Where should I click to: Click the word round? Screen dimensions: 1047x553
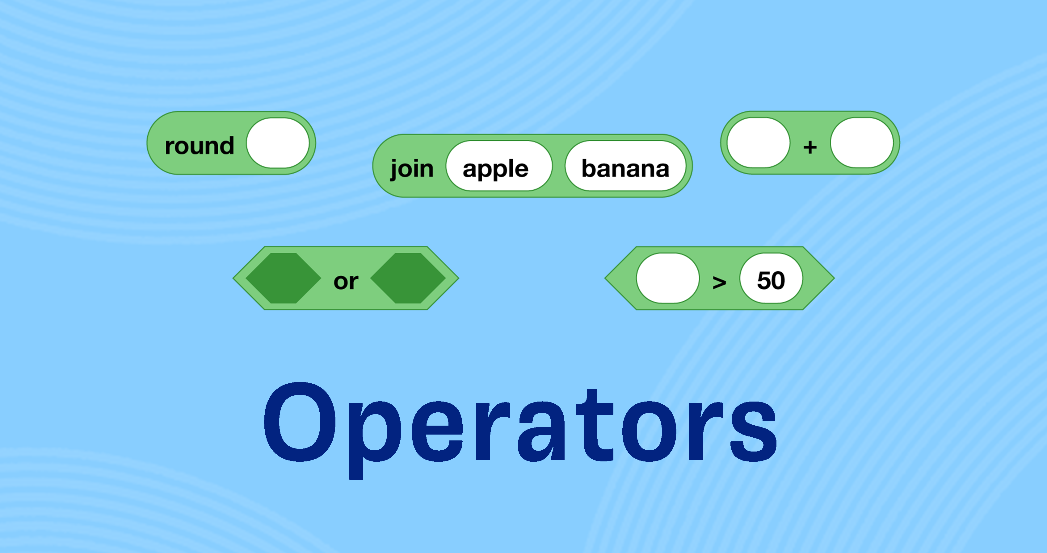pyautogui.click(x=199, y=145)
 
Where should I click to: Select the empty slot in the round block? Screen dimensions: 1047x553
pyautogui.click(x=278, y=143)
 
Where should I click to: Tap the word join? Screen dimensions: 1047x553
pyautogui.click(x=412, y=168)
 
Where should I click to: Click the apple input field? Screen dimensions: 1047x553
pyautogui.click(x=499, y=166)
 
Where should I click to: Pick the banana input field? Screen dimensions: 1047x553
pyautogui.click(x=625, y=166)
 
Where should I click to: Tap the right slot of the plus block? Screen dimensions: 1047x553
pyautogui.click(x=862, y=142)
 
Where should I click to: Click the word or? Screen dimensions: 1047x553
pyautogui.click(x=346, y=281)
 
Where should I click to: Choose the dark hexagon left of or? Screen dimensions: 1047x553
pyautogui.click(x=283, y=278)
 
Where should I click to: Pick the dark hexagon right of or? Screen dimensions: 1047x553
pyautogui.click(x=408, y=278)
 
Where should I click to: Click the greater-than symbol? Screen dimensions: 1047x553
pyautogui.click(x=719, y=282)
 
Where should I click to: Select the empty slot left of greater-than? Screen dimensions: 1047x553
pyautogui.click(x=668, y=278)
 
